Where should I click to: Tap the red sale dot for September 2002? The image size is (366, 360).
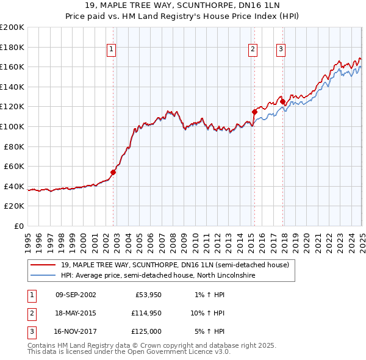click(113, 172)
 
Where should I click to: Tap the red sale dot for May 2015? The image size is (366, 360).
click(254, 112)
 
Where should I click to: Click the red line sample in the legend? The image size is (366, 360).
click(43, 265)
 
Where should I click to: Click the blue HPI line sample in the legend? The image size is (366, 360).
click(43, 276)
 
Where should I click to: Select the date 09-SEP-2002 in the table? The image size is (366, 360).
click(76, 295)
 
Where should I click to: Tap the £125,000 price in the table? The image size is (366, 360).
click(146, 331)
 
